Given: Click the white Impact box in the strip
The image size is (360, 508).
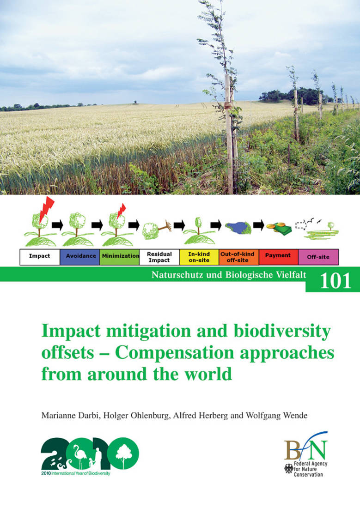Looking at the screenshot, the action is [40, 257].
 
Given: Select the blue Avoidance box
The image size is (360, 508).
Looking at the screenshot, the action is [80, 257].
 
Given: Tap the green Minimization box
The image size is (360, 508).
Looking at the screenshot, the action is [119, 257].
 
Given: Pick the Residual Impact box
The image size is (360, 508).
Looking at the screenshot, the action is [159, 257].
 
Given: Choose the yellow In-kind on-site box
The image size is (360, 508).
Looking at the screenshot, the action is [199, 257].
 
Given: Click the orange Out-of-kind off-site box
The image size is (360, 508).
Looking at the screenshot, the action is [239, 257].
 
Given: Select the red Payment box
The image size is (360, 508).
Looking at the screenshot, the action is [278, 257].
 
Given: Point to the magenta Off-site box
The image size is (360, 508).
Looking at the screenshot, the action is [318, 257].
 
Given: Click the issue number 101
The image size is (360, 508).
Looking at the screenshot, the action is [336, 281].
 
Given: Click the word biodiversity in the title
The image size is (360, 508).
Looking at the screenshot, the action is [282, 332].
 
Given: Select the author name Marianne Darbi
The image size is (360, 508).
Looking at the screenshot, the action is [70, 415].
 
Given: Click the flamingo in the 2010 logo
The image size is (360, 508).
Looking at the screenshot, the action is [79, 455].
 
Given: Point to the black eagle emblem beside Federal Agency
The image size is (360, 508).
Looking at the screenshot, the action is [289, 468].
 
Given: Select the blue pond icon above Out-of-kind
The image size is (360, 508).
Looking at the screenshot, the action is [238, 227].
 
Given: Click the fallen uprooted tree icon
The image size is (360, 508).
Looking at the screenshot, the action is [157, 229].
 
